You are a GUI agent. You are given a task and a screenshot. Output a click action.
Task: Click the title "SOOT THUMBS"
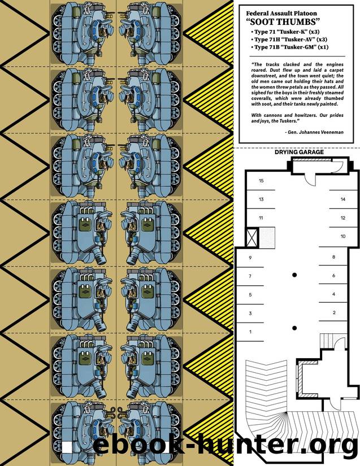click(x=283, y=22)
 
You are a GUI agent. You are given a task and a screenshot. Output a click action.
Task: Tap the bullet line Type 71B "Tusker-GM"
click(x=289, y=47)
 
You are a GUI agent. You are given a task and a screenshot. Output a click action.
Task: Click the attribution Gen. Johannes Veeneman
click(x=314, y=132)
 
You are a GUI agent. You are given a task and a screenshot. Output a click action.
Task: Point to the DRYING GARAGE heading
click(x=299, y=152)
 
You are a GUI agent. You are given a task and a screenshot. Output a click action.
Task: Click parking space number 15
click(x=261, y=181)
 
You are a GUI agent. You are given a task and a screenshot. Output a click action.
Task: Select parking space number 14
click(x=342, y=199)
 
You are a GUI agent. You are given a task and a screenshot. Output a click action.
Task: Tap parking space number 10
click(x=342, y=236)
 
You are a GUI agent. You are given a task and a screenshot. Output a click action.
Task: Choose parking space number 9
click(x=250, y=258)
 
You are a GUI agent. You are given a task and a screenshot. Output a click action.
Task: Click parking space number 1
click(x=250, y=332)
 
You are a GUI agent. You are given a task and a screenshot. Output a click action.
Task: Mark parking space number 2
click(x=334, y=312)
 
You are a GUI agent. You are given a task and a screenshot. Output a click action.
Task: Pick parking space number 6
click(x=333, y=276)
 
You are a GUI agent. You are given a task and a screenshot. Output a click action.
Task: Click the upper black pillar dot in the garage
click(x=294, y=275)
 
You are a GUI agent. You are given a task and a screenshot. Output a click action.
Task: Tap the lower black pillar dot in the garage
click(x=294, y=328)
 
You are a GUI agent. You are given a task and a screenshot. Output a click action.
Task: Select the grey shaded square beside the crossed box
click(x=266, y=237)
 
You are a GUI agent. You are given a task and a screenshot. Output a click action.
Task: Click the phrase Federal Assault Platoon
click(x=281, y=14)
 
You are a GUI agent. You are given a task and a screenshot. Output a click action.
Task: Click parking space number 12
click(x=342, y=218)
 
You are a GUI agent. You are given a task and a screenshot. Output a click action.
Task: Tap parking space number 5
click(x=250, y=295)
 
